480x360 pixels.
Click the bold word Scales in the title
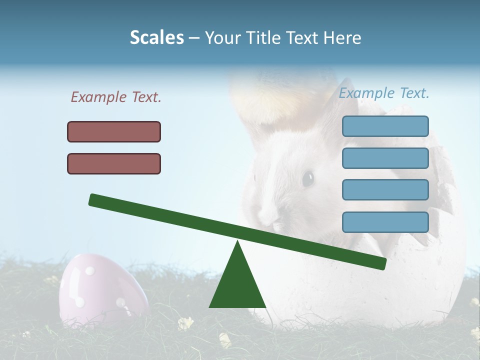point(157,37)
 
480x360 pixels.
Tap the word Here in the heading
point(343,37)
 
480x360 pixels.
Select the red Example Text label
point(116,97)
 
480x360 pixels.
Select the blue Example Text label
point(384,93)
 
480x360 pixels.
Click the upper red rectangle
point(114,131)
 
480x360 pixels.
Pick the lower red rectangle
point(114,163)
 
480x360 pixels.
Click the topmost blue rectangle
point(385,126)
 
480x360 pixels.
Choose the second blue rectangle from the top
point(385,158)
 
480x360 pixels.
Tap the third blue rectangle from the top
point(385,190)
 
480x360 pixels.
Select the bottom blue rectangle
point(385,222)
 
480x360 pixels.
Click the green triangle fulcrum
point(237,282)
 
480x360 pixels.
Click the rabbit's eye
point(307,177)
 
